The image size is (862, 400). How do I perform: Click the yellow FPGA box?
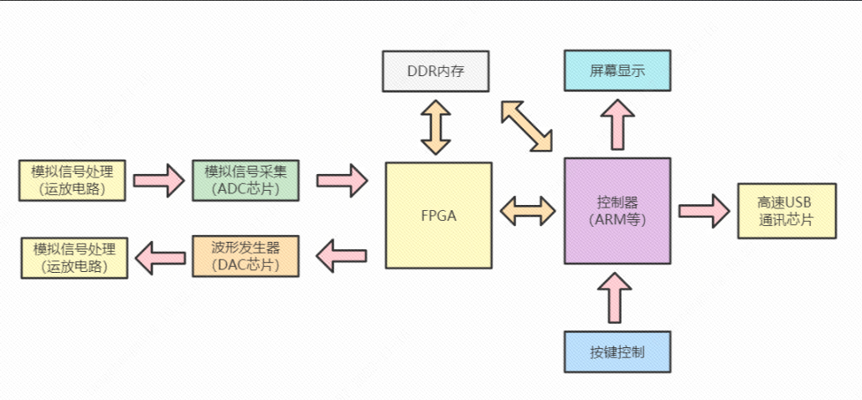438,215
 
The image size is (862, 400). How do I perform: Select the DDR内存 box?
436,71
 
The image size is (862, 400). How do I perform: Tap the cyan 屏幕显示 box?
617,71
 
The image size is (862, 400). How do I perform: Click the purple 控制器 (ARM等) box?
617,210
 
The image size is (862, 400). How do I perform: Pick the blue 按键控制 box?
617,351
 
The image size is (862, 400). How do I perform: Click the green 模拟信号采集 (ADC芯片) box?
245,180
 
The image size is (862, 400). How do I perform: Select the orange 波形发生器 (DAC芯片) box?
245,257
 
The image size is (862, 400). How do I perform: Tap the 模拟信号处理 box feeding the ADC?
72,180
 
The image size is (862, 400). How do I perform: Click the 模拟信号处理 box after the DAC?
74,258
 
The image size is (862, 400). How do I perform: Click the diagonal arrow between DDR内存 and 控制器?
527,126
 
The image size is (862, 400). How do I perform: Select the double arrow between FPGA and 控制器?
527,210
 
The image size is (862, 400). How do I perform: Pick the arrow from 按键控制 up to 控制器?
617,297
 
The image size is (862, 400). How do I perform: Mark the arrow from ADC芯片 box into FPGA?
342,179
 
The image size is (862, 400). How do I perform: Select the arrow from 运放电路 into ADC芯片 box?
159,179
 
